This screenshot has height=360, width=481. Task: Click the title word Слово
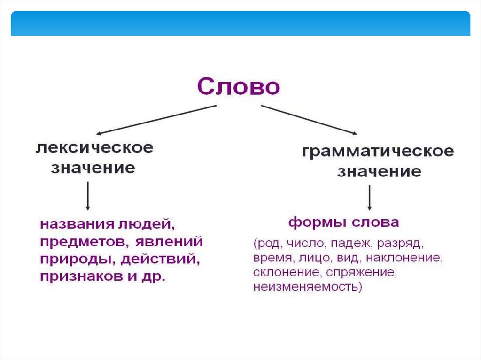(x=239, y=87)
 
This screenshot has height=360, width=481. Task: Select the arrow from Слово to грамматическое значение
(x=309, y=120)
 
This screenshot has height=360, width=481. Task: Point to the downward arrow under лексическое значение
(x=88, y=196)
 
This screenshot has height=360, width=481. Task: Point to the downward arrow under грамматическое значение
(x=370, y=198)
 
